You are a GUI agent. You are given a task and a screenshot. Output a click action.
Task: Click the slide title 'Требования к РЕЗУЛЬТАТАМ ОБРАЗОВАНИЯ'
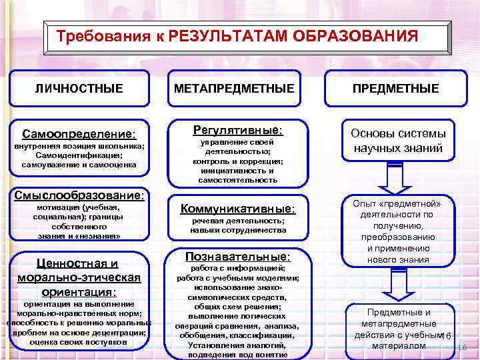tap(237, 35)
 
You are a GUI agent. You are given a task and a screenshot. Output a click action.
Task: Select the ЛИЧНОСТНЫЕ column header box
tap(79, 88)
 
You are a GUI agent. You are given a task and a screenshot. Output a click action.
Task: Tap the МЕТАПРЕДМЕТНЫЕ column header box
tap(238, 88)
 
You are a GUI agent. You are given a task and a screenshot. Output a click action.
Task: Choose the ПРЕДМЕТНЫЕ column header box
tap(396, 88)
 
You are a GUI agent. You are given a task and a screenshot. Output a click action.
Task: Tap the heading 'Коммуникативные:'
tap(238, 209)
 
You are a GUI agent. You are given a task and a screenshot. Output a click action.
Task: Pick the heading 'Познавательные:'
tap(238, 256)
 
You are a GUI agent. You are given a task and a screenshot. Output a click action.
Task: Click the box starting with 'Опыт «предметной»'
tap(396, 231)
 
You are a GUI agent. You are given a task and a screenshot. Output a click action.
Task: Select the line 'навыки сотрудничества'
tap(238, 230)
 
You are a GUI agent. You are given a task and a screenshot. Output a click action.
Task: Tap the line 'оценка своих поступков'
tap(79, 342)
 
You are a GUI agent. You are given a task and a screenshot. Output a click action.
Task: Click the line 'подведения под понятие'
tap(238, 355)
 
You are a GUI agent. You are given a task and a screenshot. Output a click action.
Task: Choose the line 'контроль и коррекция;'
tap(238, 161)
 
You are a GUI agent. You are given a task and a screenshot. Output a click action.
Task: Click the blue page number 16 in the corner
tap(463, 348)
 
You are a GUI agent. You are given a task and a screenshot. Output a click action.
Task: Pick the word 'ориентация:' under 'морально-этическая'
tap(79, 292)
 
